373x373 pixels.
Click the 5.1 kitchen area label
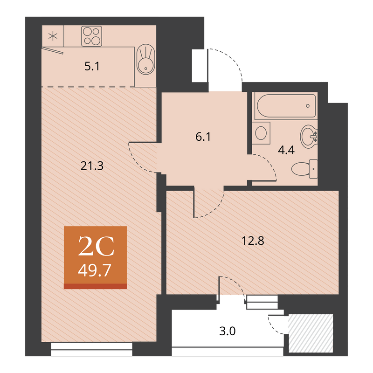pos(92,66)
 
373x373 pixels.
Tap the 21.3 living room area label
pos(92,166)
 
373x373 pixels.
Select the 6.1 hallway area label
pos(203,137)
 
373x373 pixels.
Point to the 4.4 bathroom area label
pos(286,150)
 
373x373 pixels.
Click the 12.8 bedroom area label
pos(253,241)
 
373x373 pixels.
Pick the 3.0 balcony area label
pos(228,331)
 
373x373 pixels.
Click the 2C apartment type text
pos(96,246)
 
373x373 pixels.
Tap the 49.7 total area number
pos(95,270)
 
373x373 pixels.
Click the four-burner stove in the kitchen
pos(91,36)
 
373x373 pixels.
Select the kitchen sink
pos(146,59)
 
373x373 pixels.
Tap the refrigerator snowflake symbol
pos(53,36)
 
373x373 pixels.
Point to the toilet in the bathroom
pos(304,169)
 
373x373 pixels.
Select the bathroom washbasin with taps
pos(309,137)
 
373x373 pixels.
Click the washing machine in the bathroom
pos(261,133)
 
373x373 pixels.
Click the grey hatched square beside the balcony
pos(311,333)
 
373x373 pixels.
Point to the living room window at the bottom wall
pos(91,349)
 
